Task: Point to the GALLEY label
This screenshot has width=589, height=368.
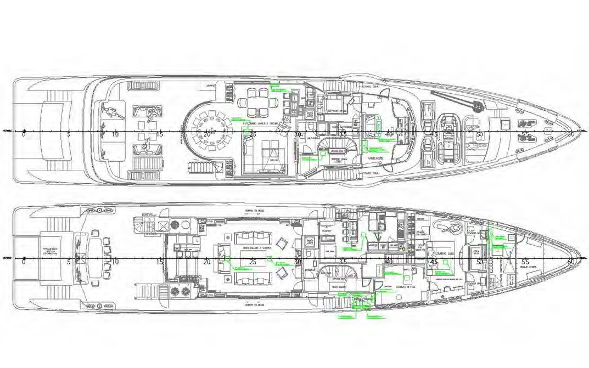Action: click(x=378, y=233)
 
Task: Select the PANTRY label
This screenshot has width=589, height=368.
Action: click(x=328, y=231)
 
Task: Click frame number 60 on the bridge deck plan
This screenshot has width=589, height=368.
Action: click(x=571, y=134)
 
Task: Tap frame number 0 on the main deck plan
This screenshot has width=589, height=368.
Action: click(x=24, y=261)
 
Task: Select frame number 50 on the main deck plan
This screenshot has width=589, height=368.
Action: click(x=479, y=261)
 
